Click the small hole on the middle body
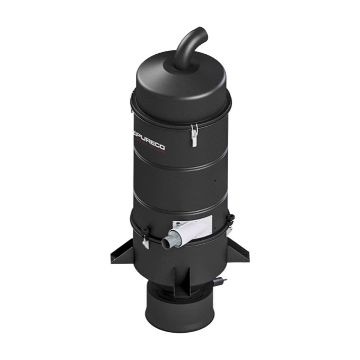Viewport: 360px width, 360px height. [215, 181]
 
